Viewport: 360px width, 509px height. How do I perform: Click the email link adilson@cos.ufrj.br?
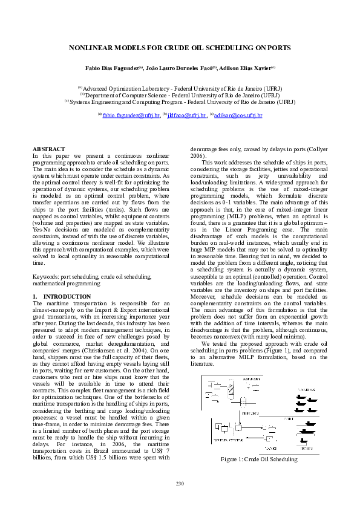point(238,114)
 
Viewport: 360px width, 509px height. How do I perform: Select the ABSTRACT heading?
point(49,148)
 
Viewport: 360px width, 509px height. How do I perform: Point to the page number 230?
point(180,483)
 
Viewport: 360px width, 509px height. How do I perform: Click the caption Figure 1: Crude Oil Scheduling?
point(259,459)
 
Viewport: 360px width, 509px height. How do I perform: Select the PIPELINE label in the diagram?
point(249,413)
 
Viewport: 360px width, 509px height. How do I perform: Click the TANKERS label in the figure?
point(306,390)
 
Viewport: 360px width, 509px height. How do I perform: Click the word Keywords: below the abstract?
point(45,276)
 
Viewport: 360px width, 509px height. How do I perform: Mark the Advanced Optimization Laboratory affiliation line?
point(180,88)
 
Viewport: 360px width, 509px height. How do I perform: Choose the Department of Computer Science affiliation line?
point(180,95)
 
